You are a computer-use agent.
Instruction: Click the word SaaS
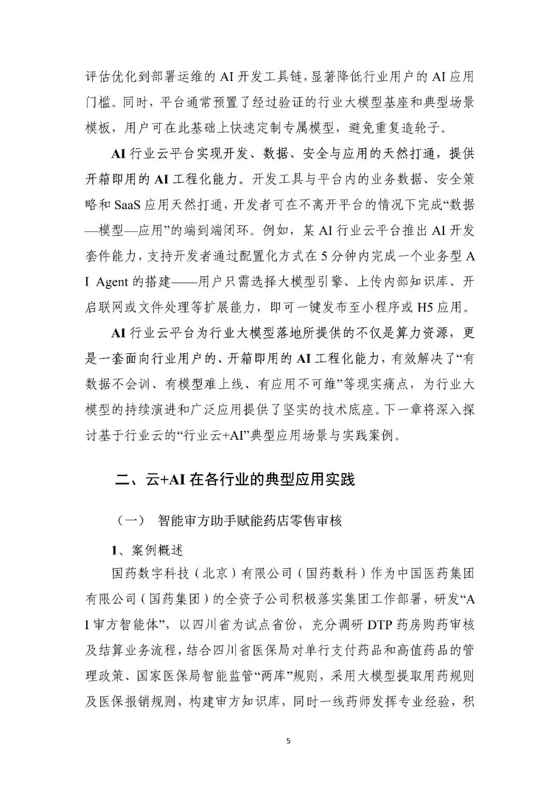click(127, 205)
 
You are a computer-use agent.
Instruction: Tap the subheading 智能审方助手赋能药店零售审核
click(249, 520)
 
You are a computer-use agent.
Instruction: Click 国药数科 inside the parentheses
click(332, 574)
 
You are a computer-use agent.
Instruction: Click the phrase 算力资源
click(426, 333)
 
